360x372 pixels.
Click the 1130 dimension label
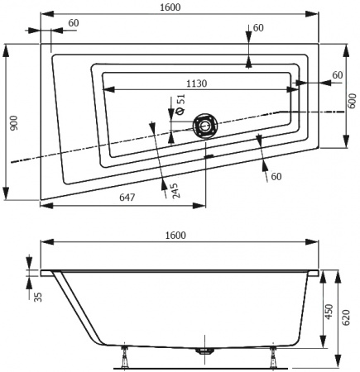coord(196,83)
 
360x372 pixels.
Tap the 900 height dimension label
coord(14,123)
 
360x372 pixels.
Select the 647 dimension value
coord(127,197)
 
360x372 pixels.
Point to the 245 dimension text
coord(176,191)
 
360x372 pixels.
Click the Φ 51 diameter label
coord(180,104)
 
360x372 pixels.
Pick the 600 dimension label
coord(353,101)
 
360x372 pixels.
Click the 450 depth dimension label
coord(329,312)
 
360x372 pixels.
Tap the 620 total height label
coord(346,317)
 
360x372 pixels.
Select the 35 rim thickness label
coord(38,297)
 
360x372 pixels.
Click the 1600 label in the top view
coord(170,7)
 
